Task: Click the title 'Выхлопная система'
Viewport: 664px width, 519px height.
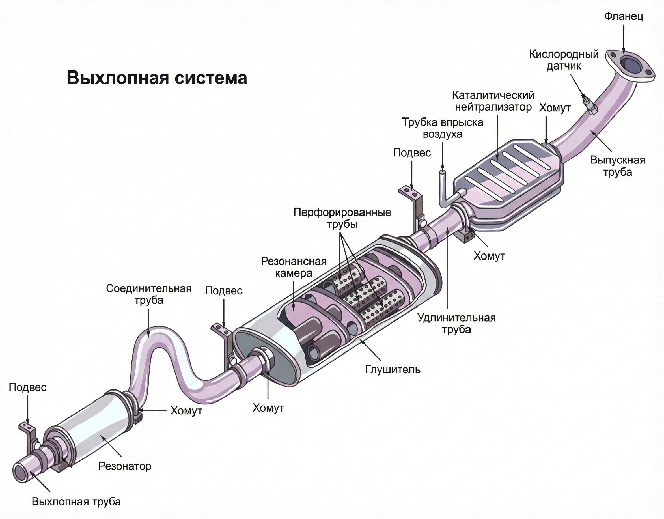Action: click(x=157, y=78)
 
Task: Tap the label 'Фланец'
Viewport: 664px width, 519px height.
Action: click(x=623, y=16)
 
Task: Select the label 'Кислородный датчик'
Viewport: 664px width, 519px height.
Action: click(x=564, y=60)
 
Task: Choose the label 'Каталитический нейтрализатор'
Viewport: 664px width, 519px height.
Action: click(x=493, y=101)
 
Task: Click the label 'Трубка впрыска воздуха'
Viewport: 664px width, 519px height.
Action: click(x=442, y=128)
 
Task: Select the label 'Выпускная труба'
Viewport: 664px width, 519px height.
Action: click(x=617, y=166)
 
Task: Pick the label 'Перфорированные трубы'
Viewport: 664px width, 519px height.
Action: click(x=342, y=218)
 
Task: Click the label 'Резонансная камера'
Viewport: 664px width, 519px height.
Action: click(x=293, y=267)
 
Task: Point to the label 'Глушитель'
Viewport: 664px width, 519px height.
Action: click(x=392, y=370)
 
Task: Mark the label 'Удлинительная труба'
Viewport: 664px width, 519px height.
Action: click(x=456, y=323)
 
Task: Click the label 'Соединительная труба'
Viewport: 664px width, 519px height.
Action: click(x=149, y=294)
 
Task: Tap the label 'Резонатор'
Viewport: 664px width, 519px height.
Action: click(x=125, y=466)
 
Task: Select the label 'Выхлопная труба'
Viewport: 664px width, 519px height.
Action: click(x=76, y=502)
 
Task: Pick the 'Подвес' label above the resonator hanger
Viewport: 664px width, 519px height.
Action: click(x=27, y=387)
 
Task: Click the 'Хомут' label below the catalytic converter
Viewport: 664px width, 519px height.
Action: click(x=489, y=256)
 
